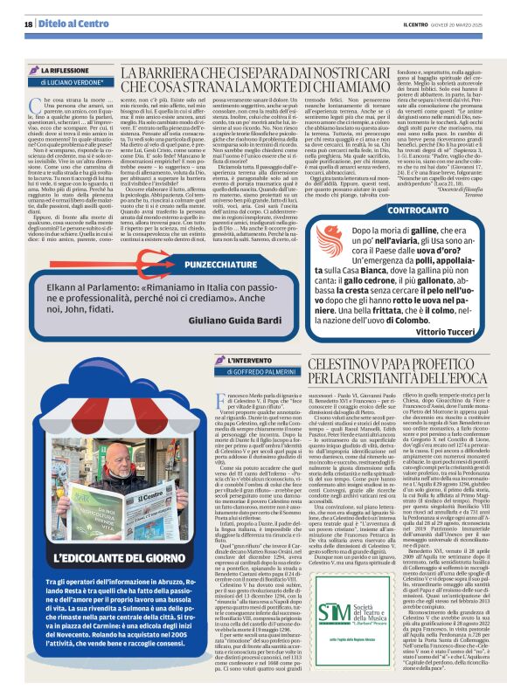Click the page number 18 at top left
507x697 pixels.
point(28,24)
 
